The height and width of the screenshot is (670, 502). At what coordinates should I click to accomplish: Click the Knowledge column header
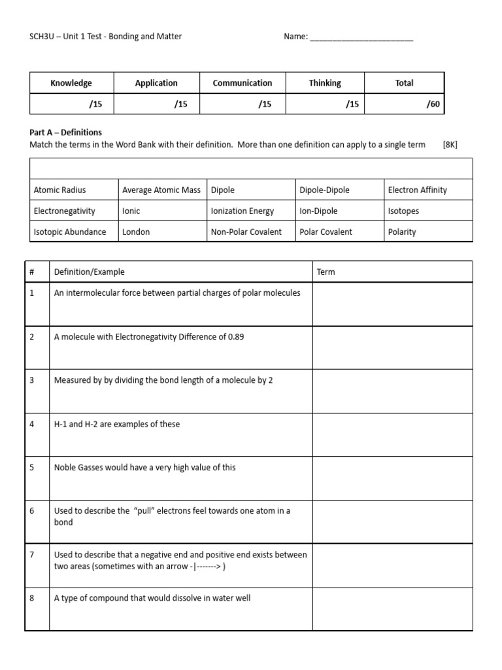71,83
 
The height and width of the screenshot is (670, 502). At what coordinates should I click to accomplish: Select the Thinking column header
325,83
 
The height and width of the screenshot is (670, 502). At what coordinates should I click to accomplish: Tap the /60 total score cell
433,104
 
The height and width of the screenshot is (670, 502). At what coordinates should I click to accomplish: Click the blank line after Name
361,37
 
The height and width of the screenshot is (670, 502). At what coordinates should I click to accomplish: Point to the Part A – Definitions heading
66,132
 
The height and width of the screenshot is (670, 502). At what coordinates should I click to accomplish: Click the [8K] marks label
450,145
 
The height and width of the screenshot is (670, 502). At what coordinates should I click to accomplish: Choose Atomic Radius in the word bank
59,190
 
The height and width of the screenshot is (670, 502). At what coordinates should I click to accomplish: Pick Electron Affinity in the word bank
417,190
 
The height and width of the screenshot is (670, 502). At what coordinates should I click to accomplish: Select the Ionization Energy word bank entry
242,211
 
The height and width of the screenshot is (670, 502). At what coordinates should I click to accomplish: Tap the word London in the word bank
136,232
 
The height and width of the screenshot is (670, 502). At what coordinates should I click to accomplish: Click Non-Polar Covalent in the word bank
246,232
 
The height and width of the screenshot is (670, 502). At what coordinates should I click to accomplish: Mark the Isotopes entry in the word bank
403,211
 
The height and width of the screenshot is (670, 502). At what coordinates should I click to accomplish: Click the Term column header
326,272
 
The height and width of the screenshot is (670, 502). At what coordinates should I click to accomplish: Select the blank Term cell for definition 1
392,304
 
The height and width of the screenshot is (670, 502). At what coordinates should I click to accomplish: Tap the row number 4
32,424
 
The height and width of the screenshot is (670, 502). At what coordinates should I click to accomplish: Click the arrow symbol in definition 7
208,567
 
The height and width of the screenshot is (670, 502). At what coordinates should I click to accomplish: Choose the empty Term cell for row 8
392,609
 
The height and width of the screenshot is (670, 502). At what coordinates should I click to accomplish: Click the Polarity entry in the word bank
401,232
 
